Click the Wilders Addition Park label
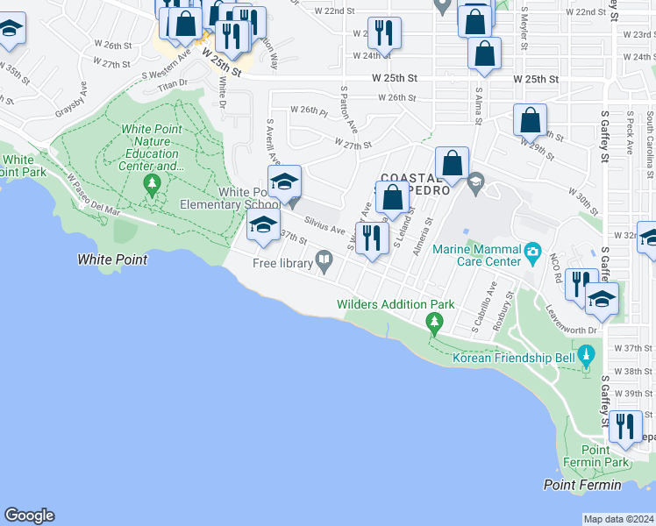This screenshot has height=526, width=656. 396,305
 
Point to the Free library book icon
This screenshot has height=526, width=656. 324,259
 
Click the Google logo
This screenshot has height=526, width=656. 29,515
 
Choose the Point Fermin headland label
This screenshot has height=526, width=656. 581,485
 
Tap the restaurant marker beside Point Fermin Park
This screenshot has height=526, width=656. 624,427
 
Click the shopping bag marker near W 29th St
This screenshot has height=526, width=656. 530,120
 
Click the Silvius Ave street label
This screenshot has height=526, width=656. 324,225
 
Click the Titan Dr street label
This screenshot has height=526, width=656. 171,83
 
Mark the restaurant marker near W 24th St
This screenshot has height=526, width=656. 383,33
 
